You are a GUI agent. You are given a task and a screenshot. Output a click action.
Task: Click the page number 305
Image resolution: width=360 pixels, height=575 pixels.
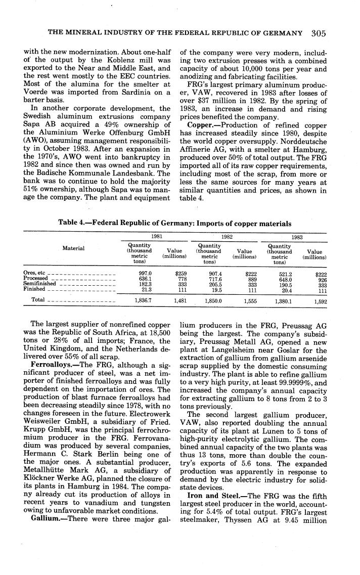pos(319,33)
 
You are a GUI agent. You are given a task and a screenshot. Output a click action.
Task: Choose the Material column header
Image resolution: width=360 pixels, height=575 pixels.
pos(73,248)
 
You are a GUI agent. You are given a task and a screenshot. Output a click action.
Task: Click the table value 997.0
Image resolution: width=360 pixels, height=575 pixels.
pos(146,273)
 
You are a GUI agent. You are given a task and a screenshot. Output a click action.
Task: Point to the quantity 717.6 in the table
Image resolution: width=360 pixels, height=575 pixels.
pos(215,278)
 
